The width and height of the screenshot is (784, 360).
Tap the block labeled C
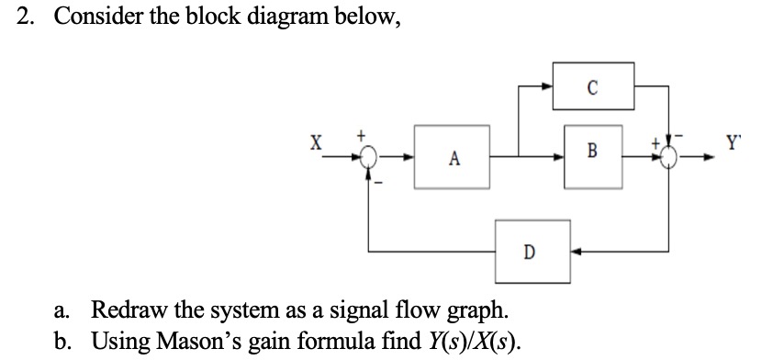[592, 88]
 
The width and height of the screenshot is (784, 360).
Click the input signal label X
[316, 143]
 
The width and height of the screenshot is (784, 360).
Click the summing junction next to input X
[370, 158]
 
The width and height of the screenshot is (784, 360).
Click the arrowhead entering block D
[577, 249]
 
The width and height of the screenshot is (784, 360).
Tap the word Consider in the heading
[95, 20]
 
